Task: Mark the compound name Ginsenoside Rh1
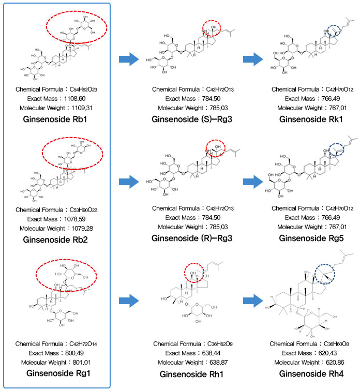(187, 374)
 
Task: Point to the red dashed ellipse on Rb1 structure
(77, 24)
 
